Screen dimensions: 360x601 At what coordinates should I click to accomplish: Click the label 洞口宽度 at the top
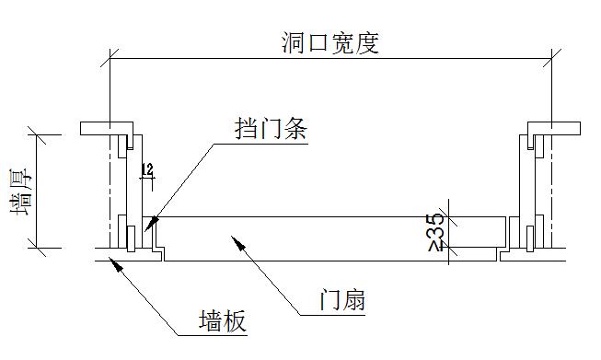tap(329, 44)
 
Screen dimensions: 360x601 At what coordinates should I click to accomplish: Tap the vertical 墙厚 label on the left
tap(17, 193)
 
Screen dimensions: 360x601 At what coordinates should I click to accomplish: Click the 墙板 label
tap(223, 321)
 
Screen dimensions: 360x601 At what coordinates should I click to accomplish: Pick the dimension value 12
tap(146, 169)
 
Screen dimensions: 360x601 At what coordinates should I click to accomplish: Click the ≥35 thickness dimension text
tap(435, 233)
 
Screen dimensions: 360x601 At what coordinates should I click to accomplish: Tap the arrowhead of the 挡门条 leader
tap(149, 224)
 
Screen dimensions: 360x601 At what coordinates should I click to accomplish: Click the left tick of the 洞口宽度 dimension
tap(111, 60)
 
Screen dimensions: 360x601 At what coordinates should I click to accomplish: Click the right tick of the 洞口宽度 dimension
tap(551, 60)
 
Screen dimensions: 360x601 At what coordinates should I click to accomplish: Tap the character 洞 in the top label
tap(293, 44)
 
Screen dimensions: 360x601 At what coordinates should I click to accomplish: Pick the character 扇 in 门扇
tap(354, 300)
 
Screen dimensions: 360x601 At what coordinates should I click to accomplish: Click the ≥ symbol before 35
tap(435, 247)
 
